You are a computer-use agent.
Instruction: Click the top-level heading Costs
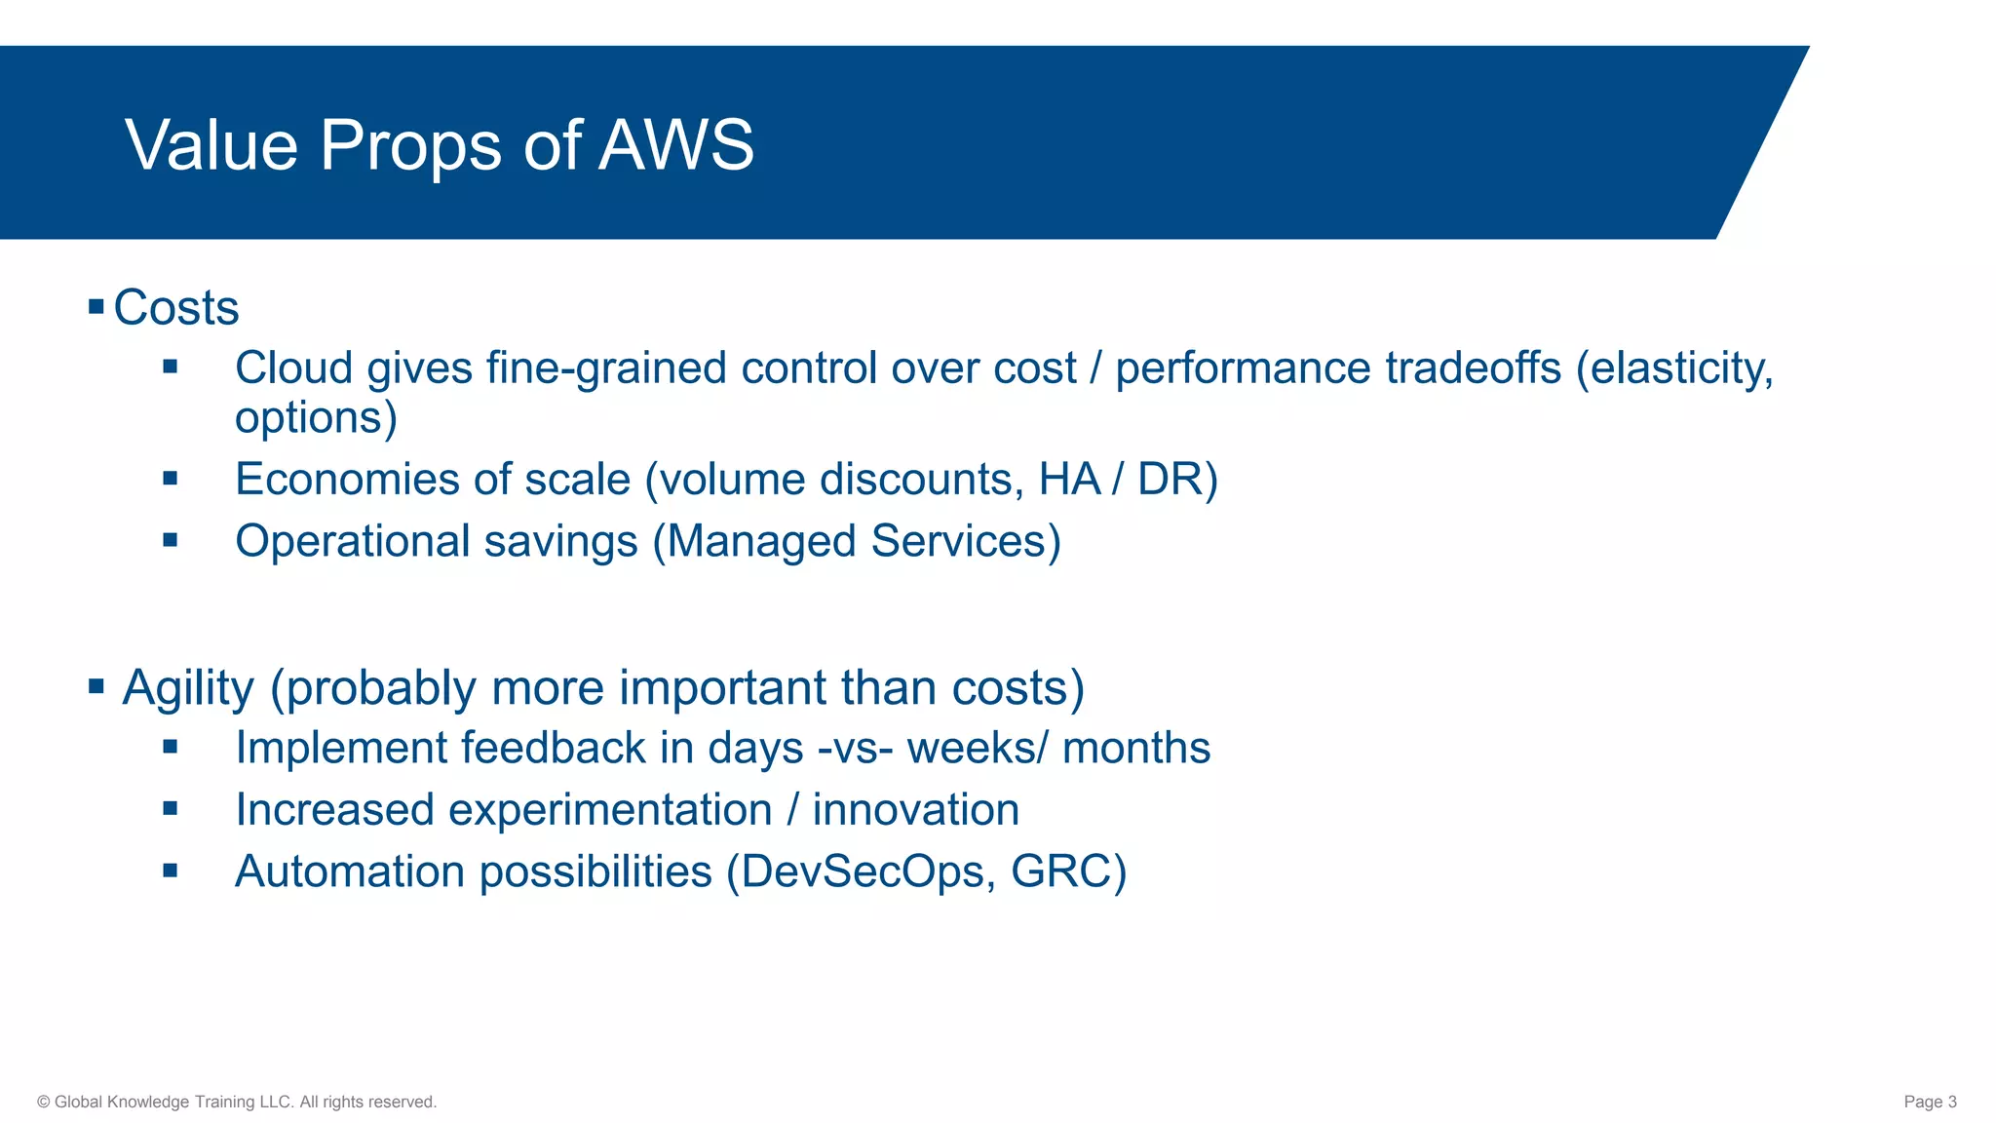(x=176, y=308)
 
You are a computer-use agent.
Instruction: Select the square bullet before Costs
(x=96, y=308)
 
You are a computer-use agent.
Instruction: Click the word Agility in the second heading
(x=188, y=688)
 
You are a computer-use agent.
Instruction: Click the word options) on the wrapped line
(x=316, y=417)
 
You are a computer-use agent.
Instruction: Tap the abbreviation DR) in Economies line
(x=1177, y=480)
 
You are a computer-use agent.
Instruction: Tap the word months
(x=1136, y=749)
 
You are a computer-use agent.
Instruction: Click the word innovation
(x=916, y=810)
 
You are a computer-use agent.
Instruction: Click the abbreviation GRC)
(x=1068, y=871)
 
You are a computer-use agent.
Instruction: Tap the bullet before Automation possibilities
(x=171, y=871)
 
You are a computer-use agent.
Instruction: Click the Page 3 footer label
(x=1930, y=1102)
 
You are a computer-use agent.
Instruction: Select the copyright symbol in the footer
(x=44, y=1103)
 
